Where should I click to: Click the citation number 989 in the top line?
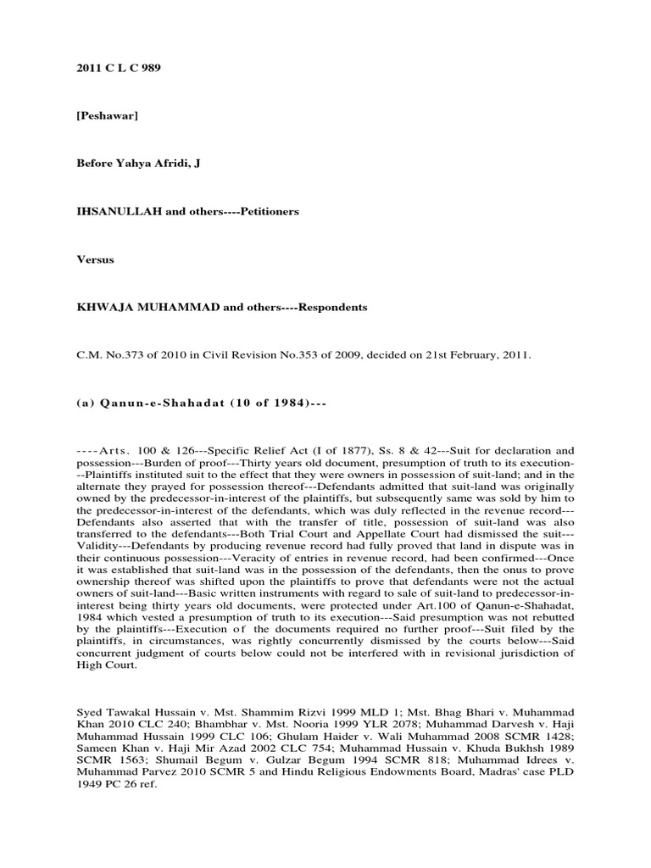pos(149,68)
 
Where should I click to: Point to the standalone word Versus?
pos(94,259)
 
